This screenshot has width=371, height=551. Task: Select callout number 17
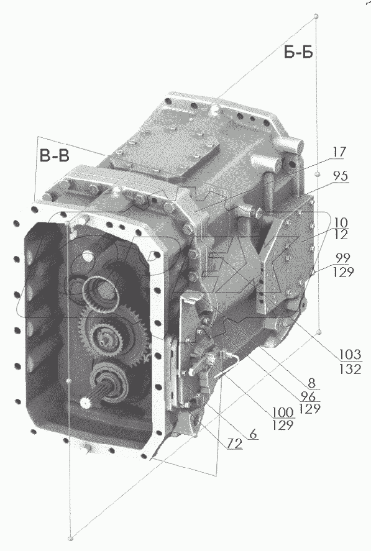tap(339, 151)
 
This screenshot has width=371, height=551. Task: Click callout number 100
tap(284, 412)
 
